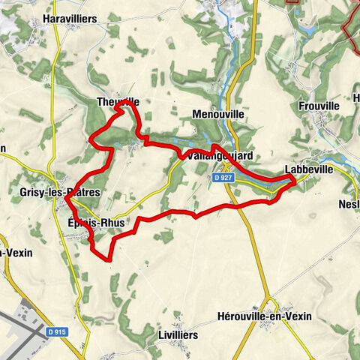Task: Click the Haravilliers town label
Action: (x=70, y=18)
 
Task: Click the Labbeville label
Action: (x=309, y=169)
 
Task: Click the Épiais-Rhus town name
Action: (x=94, y=222)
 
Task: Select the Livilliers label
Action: (x=178, y=334)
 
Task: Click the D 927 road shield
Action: (x=219, y=178)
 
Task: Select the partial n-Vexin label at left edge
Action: (x=15, y=253)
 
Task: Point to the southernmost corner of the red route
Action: (x=110, y=260)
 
